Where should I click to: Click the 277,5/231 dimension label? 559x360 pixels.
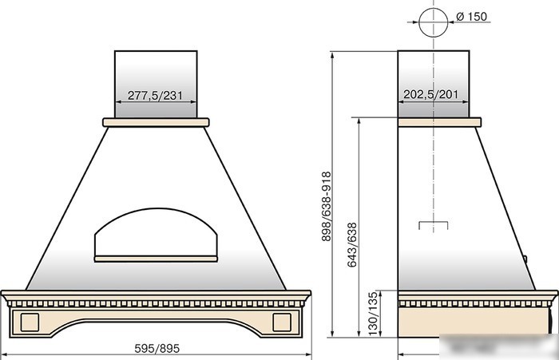tap(155, 95)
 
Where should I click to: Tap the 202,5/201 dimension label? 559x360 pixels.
tap(430, 94)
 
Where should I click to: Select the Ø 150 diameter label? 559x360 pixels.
tap(471, 17)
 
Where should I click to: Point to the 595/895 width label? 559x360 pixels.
tap(157, 348)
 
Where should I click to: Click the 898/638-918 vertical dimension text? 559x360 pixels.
tap(326, 207)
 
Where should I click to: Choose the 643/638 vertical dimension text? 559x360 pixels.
tap(352, 244)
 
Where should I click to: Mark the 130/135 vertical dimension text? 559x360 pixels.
tap(372, 314)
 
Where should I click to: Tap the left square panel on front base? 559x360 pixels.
tap(30, 322)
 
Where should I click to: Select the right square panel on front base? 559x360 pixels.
tap(282, 322)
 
